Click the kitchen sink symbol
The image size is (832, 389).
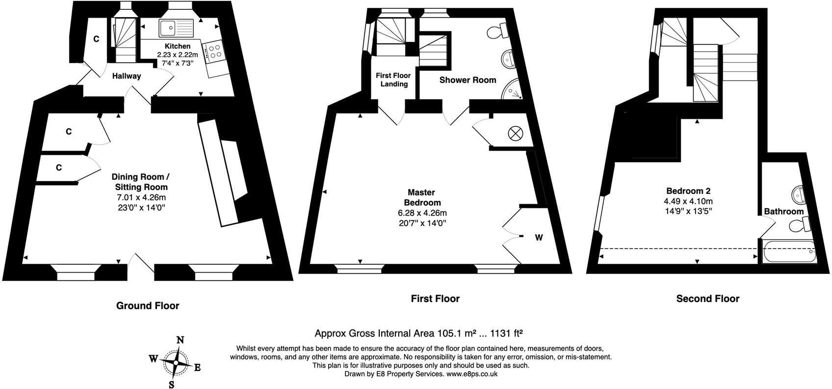coord(177,28)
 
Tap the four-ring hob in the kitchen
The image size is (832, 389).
coord(214,52)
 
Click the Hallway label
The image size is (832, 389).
coord(127,76)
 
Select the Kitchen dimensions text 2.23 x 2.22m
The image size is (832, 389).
coord(177,55)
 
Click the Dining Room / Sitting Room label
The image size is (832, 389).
coord(140,182)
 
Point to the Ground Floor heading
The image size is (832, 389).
coord(148,306)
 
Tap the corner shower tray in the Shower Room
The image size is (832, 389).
coord(512,89)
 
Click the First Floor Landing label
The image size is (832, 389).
coord(393,80)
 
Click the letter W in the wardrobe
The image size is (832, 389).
coord(539,238)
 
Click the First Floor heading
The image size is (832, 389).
coord(435,299)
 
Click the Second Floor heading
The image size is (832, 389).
coord(707,299)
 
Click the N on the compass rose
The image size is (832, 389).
coord(180,340)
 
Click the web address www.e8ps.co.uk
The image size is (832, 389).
coord(471,374)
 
